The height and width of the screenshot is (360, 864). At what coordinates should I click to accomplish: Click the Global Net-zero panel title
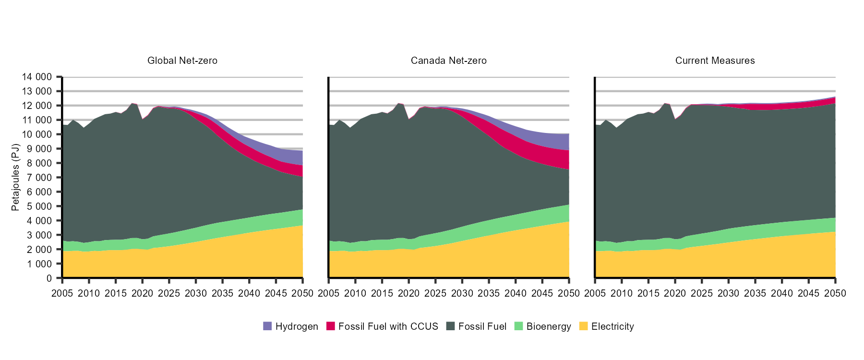[182, 61]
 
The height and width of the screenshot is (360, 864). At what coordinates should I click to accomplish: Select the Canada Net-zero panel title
[448, 61]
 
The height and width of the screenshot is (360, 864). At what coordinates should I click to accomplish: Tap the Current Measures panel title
[715, 61]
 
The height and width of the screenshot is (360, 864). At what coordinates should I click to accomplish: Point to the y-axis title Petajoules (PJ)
[15, 177]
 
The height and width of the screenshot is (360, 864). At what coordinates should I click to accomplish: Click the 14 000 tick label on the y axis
[37, 77]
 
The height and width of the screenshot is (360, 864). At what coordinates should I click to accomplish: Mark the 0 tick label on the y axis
[49, 278]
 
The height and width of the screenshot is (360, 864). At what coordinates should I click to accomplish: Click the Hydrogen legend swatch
[267, 326]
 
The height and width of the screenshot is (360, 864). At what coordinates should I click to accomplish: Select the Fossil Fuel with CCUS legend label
[388, 326]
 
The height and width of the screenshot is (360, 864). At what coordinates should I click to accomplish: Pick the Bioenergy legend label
[549, 326]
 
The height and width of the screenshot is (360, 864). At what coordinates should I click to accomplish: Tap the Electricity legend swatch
[583, 326]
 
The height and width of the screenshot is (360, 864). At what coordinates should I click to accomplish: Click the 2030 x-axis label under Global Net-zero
[196, 293]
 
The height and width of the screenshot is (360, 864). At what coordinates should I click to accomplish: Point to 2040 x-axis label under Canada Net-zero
[516, 293]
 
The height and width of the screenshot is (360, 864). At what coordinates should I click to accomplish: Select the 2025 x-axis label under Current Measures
[702, 293]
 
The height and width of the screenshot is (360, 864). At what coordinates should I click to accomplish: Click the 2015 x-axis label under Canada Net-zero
[382, 293]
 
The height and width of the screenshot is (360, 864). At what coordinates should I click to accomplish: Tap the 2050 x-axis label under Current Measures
[835, 293]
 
